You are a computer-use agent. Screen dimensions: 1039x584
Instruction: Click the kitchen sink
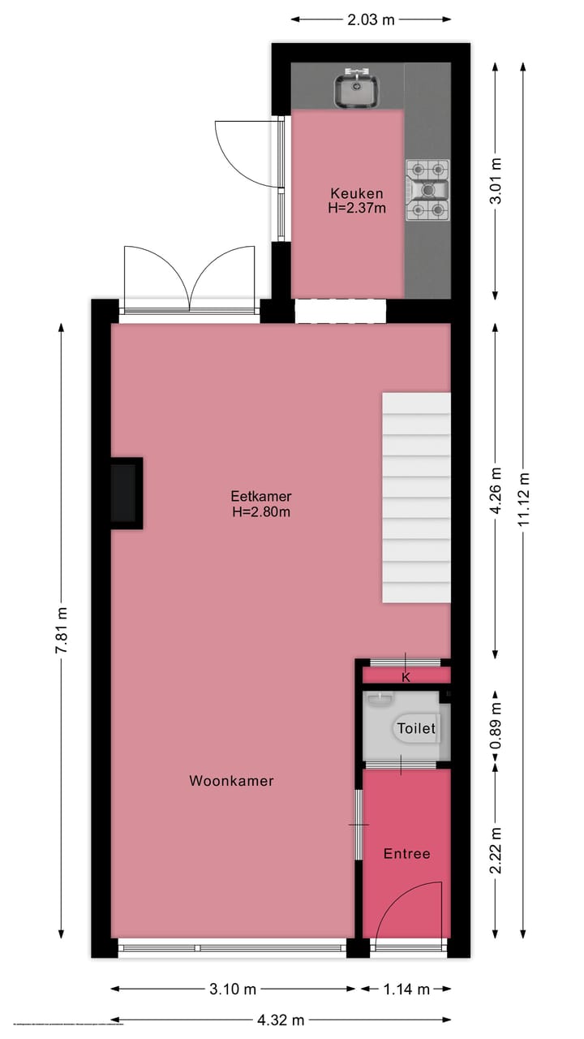click(x=356, y=90)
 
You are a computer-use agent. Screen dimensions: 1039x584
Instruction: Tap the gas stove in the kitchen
click(x=427, y=190)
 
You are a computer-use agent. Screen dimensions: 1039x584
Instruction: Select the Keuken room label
click(x=356, y=193)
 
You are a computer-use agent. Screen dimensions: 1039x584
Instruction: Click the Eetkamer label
click(x=261, y=496)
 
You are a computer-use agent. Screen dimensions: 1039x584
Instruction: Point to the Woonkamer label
click(x=231, y=781)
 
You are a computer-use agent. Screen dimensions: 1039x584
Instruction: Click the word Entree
click(x=406, y=854)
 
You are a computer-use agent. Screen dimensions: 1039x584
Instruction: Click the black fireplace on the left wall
click(x=126, y=493)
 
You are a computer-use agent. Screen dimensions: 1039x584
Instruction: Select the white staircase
click(x=416, y=498)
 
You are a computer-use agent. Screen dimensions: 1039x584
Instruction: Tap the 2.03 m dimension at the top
click(x=371, y=20)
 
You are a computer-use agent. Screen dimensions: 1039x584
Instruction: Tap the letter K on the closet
click(x=406, y=676)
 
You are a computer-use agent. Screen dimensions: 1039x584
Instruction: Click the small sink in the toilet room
click(x=380, y=696)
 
